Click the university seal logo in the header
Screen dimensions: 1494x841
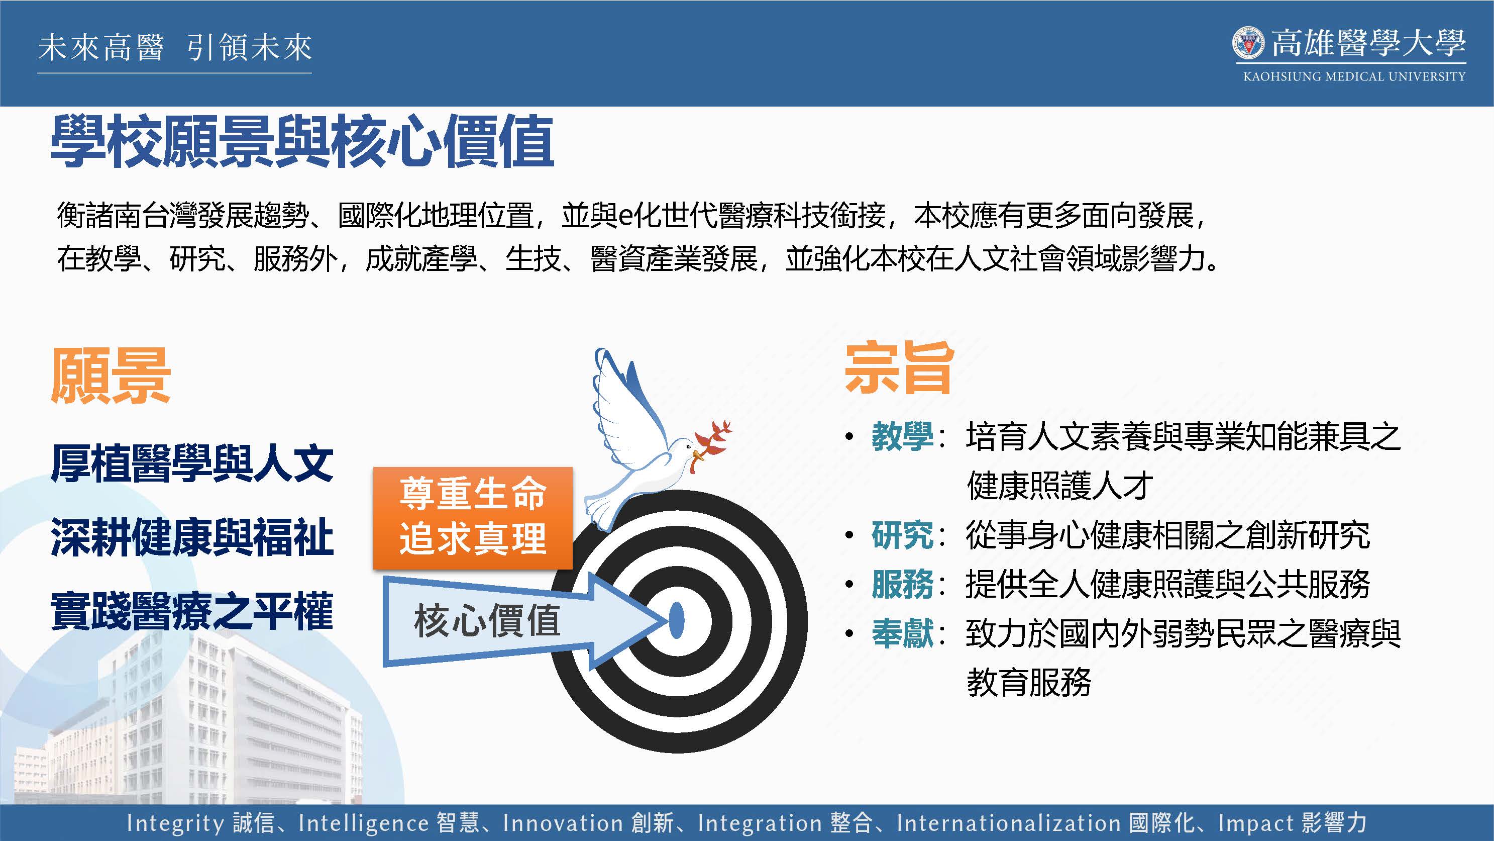1248,42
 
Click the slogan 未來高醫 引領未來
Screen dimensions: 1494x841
175,48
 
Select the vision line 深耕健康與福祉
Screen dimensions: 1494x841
192,537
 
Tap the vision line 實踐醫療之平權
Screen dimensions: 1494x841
192,611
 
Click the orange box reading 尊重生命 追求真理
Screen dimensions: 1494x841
473,518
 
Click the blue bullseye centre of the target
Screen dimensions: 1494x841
676,620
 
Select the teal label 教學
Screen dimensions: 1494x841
902,436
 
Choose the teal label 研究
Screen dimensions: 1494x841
902,534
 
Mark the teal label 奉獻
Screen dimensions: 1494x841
902,633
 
